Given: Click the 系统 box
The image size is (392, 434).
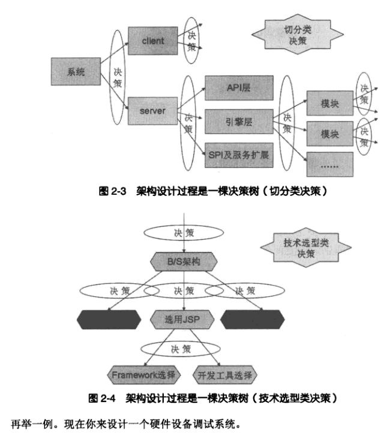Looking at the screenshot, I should (76, 72).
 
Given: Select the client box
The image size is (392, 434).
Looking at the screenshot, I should (153, 41).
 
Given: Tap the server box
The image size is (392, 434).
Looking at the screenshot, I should (152, 111).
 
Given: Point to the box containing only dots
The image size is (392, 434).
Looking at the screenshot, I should (330, 164).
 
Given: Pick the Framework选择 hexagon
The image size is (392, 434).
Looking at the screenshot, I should (143, 375).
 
